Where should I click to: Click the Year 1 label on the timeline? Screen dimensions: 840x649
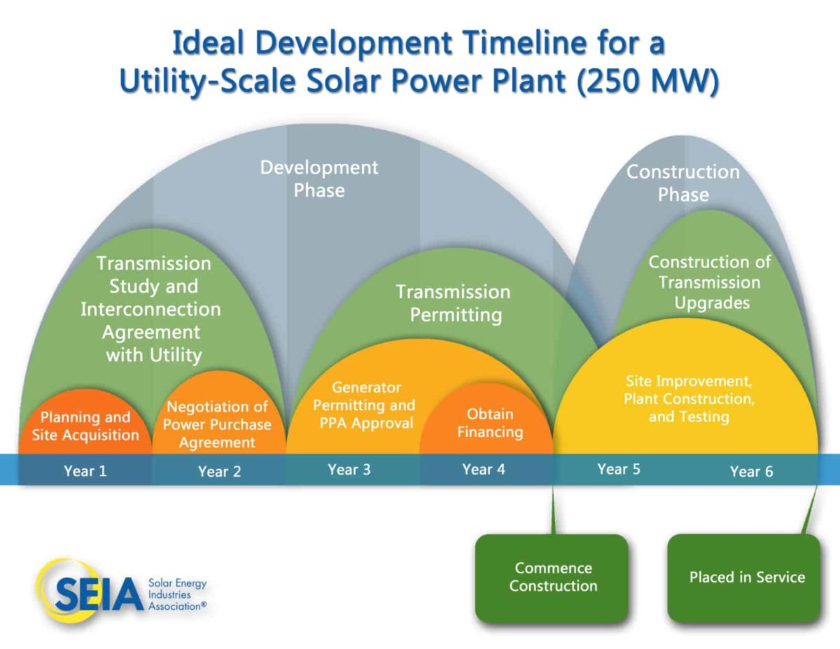click(x=85, y=470)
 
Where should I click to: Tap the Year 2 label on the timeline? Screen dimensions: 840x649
click(x=219, y=471)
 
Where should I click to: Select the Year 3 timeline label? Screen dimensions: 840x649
click(x=349, y=469)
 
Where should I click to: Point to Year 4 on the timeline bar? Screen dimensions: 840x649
click(x=484, y=469)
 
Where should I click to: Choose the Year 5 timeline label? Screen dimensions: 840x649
click(x=619, y=468)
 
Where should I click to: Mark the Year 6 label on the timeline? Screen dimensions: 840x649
click(x=751, y=471)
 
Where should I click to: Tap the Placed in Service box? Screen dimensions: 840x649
click(x=743, y=578)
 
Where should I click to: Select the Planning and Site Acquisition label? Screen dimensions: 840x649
click(x=85, y=426)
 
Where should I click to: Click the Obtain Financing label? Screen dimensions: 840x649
click(x=490, y=423)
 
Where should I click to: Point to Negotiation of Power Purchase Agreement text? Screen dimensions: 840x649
click(x=217, y=424)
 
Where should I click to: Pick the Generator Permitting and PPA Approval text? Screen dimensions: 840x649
click(x=364, y=405)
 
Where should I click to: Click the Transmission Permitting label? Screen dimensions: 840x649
click(x=454, y=303)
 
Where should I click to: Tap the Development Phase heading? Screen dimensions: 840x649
click(x=319, y=179)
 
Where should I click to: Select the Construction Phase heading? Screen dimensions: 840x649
click(x=683, y=183)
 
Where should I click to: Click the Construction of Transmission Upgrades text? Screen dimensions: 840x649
click(x=710, y=282)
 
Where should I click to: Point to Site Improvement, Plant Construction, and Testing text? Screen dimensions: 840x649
click(x=689, y=399)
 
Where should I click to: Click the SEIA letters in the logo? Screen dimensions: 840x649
click(x=99, y=594)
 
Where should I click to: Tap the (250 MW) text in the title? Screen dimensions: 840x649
click(x=648, y=81)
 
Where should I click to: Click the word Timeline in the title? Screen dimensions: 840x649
click(x=525, y=43)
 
